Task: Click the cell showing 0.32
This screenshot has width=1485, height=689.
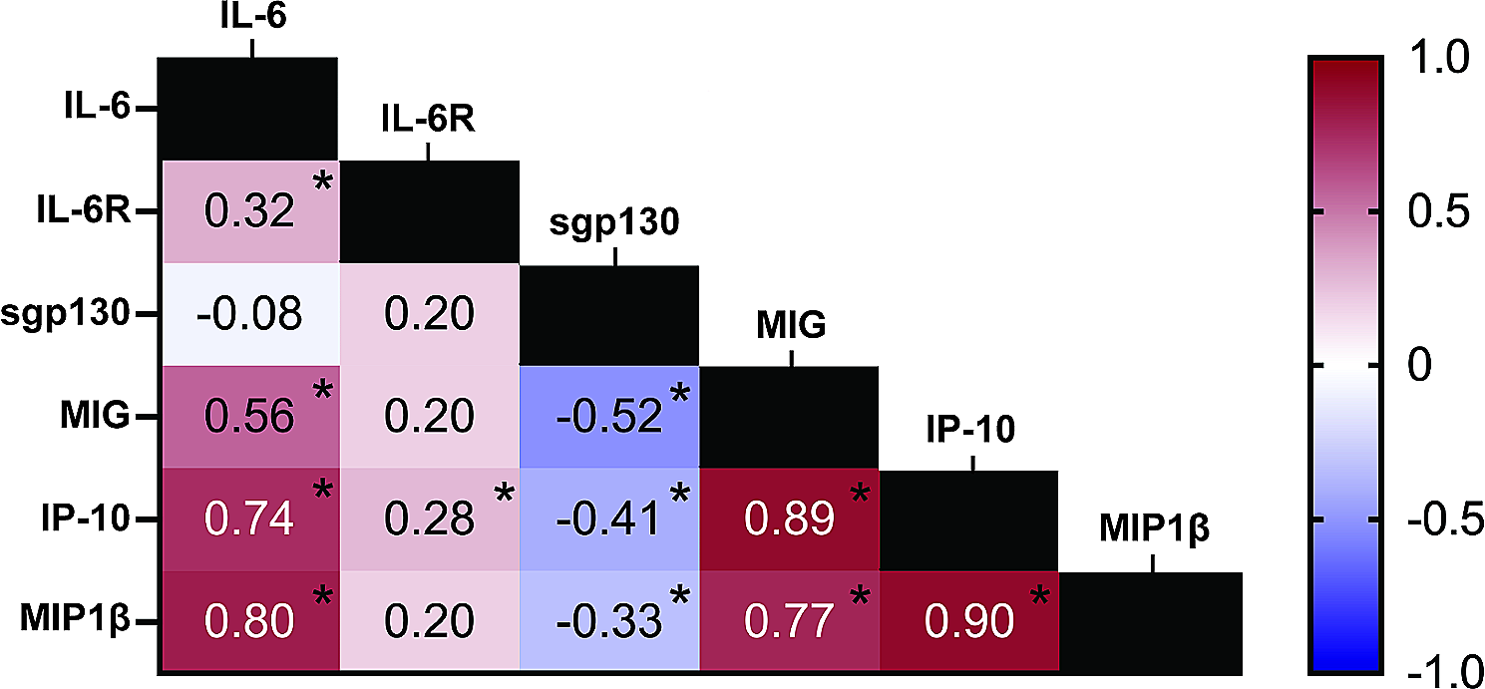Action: point(250,212)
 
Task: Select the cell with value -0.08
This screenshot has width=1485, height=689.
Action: point(250,314)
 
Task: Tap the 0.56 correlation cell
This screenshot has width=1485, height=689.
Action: point(250,417)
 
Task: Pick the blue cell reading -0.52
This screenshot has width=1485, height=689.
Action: point(609,417)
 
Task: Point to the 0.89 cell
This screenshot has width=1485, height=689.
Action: point(790,519)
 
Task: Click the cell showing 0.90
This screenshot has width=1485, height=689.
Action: point(969,621)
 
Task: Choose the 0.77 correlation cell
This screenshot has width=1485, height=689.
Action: point(790,621)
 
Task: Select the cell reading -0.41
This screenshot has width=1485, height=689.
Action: point(609,519)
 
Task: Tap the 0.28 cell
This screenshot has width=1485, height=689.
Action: point(430,519)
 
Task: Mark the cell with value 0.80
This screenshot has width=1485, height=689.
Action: point(250,621)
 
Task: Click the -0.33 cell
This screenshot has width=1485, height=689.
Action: point(609,621)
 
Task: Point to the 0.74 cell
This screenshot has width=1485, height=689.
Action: point(250,519)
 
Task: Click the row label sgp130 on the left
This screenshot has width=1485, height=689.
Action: point(65,313)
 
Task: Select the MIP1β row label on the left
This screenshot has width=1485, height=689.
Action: point(75,619)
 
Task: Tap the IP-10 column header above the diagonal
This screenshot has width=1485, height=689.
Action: point(970,430)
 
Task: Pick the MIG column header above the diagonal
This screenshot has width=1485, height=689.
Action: point(791,325)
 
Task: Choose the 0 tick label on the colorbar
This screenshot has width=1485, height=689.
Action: point(1419,364)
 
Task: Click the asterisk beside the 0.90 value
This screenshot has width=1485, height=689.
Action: point(1039,595)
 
